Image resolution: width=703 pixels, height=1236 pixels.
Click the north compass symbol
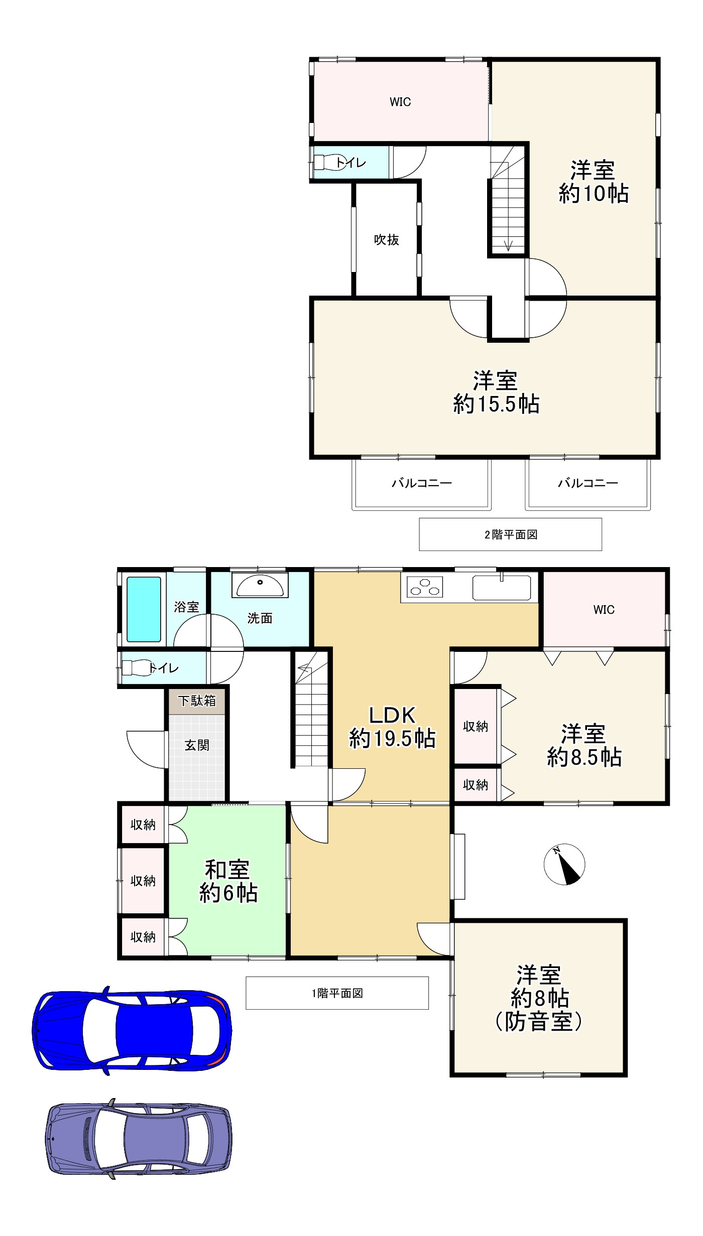564,864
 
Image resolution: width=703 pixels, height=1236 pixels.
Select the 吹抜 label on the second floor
387,240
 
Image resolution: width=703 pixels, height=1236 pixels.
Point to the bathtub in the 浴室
144,609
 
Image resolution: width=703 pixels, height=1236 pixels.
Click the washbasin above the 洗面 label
260,586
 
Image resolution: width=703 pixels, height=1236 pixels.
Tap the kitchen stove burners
425,587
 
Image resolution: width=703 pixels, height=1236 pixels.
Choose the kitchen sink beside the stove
502,587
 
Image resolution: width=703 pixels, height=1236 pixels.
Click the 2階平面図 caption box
511,534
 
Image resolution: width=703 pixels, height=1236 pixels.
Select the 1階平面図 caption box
337,993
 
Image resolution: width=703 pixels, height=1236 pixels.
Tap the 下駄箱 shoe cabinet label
197,701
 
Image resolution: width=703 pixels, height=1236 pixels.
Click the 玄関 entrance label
197,745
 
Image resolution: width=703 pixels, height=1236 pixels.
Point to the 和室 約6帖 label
228,881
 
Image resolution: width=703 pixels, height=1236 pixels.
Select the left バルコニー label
422,483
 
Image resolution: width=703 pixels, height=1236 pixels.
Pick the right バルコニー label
588,483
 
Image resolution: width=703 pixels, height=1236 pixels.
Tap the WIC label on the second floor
400,102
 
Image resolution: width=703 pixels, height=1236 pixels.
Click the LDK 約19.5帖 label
392,727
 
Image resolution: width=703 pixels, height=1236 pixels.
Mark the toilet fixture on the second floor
329,163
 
